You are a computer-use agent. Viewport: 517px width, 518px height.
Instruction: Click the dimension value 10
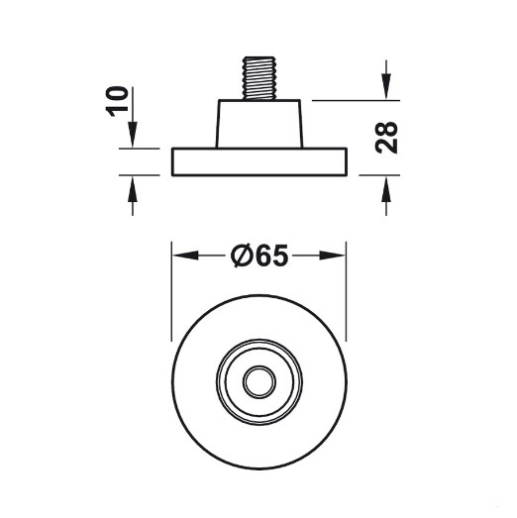tap(117, 101)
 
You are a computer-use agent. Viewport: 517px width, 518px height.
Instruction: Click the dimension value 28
tap(386, 138)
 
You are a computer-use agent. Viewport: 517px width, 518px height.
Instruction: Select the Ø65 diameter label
tap(259, 256)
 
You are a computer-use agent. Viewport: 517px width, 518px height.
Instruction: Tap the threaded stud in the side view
tap(259, 78)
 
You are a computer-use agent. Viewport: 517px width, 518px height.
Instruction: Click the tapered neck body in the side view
tap(259, 124)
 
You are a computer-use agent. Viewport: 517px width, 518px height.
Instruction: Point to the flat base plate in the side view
tap(259, 161)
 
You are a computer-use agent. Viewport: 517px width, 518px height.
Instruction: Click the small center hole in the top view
tap(259, 382)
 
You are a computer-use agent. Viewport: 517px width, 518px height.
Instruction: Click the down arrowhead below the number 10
tap(133, 134)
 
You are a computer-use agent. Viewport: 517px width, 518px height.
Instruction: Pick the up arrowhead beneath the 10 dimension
tap(133, 188)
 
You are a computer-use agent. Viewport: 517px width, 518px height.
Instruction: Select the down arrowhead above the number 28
tap(386, 86)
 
